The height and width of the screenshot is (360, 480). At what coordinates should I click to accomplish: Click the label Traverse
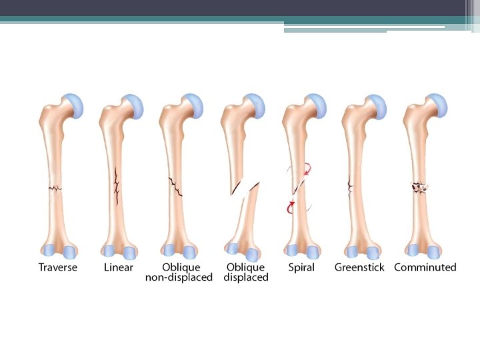[x=57, y=267]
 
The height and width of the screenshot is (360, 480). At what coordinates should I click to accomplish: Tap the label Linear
[x=118, y=267]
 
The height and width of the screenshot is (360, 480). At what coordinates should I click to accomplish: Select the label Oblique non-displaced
[x=179, y=272]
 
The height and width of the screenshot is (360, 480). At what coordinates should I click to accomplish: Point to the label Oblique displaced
[x=245, y=272]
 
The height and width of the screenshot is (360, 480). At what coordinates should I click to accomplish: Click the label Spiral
[x=301, y=267]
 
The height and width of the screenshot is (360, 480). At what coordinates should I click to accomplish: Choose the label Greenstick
[x=361, y=267]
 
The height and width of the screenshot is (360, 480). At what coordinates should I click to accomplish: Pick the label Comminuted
[x=425, y=267]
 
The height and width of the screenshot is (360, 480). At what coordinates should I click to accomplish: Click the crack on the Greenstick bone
[x=351, y=187]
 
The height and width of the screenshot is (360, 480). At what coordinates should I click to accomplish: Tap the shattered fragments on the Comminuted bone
[x=419, y=188]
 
